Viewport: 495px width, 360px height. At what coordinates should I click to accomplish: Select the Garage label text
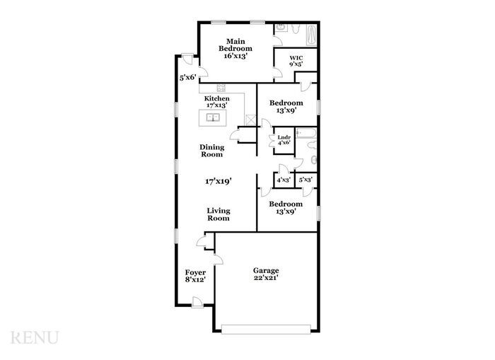click(266, 274)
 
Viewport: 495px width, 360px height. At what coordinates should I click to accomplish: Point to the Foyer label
click(195, 276)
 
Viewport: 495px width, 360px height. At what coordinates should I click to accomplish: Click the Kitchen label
click(217, 102)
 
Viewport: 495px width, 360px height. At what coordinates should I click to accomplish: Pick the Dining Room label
click(211, 151)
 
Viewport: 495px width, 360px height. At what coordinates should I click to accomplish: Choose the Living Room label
click(219, 214)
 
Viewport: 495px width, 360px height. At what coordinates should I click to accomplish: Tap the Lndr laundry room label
click(284, 139)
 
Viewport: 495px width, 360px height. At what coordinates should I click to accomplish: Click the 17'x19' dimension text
click(219, 181)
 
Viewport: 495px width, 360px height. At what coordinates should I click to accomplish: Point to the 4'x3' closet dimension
click(283, 180)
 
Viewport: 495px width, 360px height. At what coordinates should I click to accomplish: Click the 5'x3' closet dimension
click(305, 180)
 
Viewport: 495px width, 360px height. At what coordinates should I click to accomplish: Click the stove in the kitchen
click(221, 88)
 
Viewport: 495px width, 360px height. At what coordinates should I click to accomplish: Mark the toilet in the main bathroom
click(281, 28)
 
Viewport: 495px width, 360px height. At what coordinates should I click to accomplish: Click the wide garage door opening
click(266, 327)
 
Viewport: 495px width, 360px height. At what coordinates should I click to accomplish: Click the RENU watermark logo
click(35, 338)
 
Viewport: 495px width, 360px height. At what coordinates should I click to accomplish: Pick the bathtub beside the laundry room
click(306, 132)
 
